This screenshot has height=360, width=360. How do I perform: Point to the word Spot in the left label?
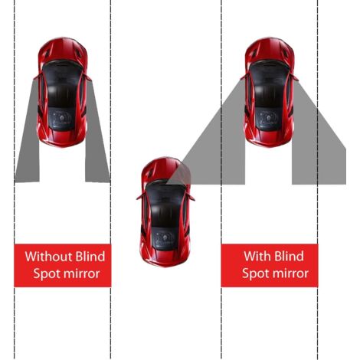[46, 273]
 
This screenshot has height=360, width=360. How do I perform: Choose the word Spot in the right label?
[255, 273]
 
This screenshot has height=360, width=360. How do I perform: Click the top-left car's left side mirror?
[35, 77]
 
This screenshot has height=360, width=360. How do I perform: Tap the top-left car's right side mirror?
[90, 77]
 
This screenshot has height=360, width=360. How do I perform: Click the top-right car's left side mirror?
[243, 74]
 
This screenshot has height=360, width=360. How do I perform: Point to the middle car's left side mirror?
[139, 196]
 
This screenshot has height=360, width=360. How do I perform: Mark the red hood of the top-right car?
[269, 51]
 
